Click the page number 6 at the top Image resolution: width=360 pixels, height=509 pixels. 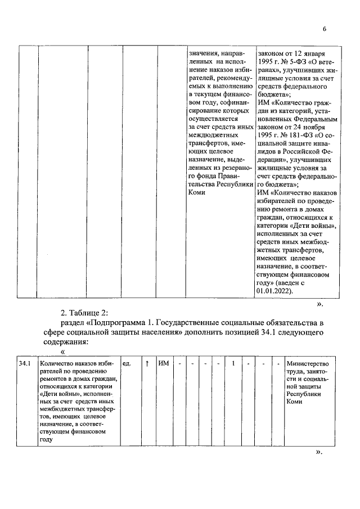click(x=324, y=29)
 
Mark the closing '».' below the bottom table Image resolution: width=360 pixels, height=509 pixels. click(x=319, y=452)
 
